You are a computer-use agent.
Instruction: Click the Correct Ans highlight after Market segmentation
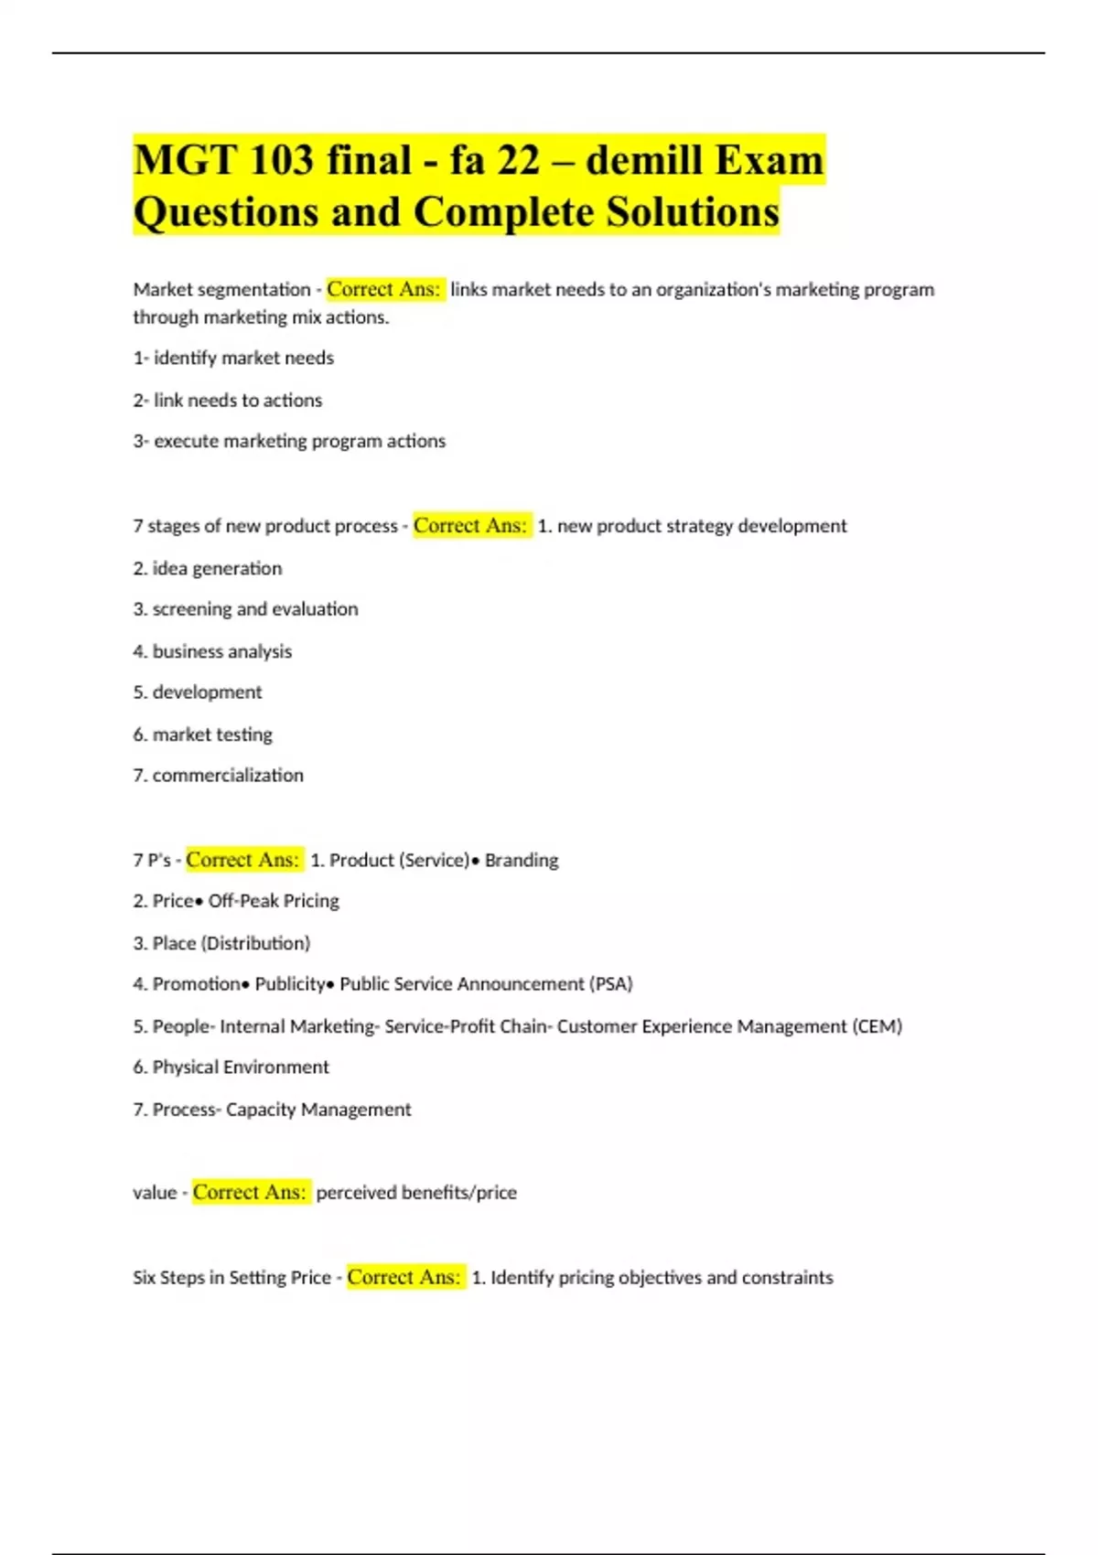pyautogui.click(x=384, y=289)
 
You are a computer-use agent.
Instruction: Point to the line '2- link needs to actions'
pyautogui.click(x=228, y=400)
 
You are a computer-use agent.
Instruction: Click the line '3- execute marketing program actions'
pyautogui.click(x=289, y=441)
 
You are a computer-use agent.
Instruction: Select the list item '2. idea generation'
pyautogui.click(x=208, y=568)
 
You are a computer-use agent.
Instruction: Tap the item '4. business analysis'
pyautogui.click(x=212, y=651)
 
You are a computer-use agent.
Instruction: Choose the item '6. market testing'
pyautogui.click(x=203, y=735)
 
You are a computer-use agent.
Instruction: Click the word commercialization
pyautogui.click(x=228, y=775)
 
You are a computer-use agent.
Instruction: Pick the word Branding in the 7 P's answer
pyautogui.click(x=522, y=860)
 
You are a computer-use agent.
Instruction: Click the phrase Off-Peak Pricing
pyautogui.click(x=274, y=901)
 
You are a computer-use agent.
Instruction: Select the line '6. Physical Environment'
pyautogui.click(x=231, y=1067)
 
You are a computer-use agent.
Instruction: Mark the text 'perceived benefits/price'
pyautogui.click(x=416, y=1193)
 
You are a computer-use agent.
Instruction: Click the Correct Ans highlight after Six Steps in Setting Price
pyautogui.click(x=404, y=1277)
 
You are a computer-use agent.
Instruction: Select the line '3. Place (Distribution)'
pyautogui.click(x=221, y=943)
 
